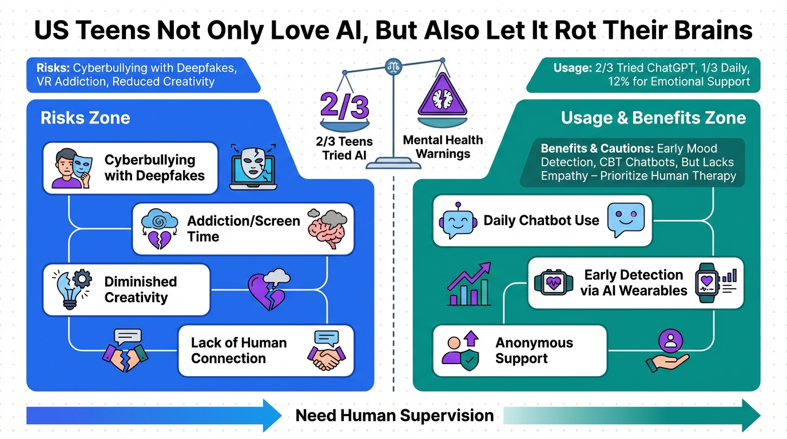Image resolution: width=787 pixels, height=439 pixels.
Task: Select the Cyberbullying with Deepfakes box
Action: [x=130, y=168]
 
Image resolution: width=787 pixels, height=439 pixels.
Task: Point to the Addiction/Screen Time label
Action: [x=243, y=229]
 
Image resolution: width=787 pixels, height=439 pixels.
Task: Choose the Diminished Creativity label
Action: [x=140, y=289]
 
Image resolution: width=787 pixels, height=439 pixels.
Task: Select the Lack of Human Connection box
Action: [x=266, y=350]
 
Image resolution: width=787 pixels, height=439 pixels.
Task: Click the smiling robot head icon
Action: [x=458, y=221]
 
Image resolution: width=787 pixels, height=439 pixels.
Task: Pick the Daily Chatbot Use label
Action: [x=541, y=221]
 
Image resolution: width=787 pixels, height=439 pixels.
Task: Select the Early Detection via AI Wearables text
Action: [x=633, y=282]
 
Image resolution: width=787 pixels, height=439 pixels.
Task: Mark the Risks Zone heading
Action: [x=85, y=118]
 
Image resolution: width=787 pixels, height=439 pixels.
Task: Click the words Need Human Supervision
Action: [x=394, y=416]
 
